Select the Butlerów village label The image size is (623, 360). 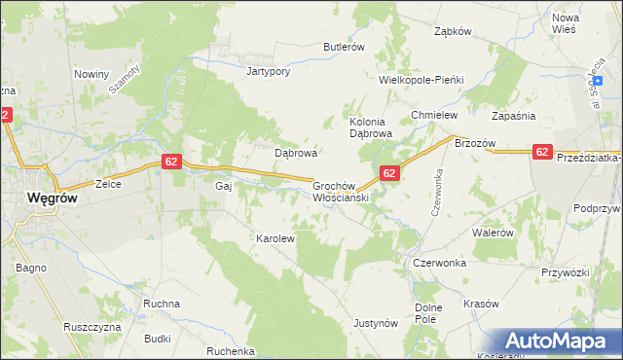pyautogui.click(x=344, y=47)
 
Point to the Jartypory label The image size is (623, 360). pyautogui.click(x=270, y=72)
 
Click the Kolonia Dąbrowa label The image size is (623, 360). pyautogui.click(x=370, y=127)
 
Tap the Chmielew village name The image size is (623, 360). pyautogui.click(x=434, y=115)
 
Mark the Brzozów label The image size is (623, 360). pyautogui.click(x=475, y=143)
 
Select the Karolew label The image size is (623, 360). pyautogui.click(x=275, y=237)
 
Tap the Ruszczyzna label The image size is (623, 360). pyautogui.click(x=91, y=327)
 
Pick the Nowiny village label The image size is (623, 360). pyautogui.click(x=91, y=74)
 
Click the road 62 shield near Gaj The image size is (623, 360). pyautogui.click(x=170, y=162)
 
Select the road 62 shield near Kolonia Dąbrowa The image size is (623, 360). pyautogui.click(x=388, y=173)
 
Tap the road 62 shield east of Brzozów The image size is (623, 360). pyautogui.click(x=542, y=151)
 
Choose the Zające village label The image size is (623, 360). pyautogui.click(x=106, y=183)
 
